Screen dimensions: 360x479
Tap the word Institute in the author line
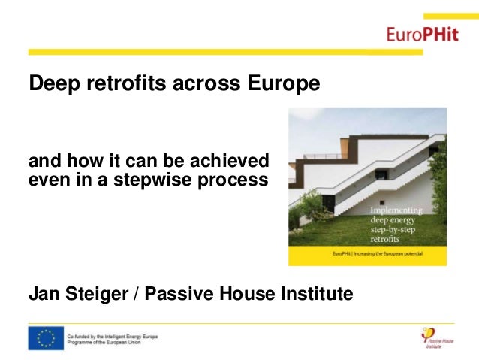[x=316, y=293]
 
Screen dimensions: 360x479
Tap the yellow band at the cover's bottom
[x=367, y=254]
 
